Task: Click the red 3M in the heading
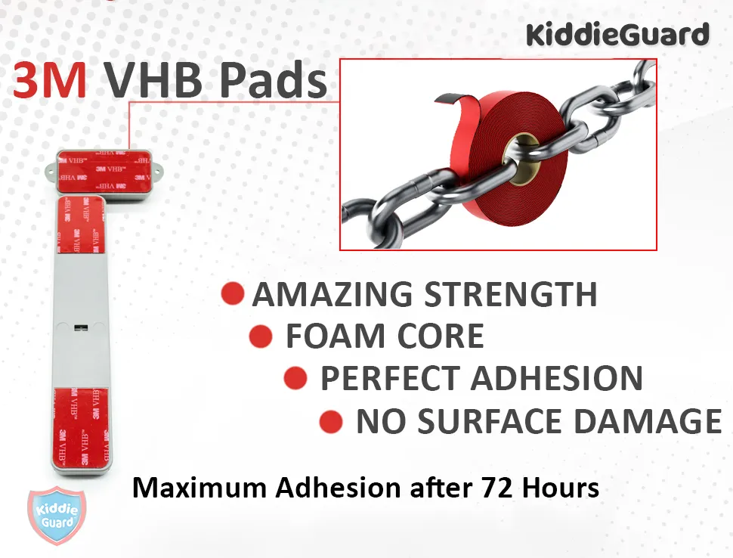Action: tap(49, 82)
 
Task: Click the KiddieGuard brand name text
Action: tap(617, 35)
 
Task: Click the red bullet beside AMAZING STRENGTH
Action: tap(233, 293)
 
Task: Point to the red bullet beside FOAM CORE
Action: tap(260, 336)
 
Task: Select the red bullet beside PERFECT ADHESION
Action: tap(295, 378)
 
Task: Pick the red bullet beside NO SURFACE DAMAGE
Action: tap(331, 421)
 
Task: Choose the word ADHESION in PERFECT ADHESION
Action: tap(557, 379)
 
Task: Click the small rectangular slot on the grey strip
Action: tap(82, 327)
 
